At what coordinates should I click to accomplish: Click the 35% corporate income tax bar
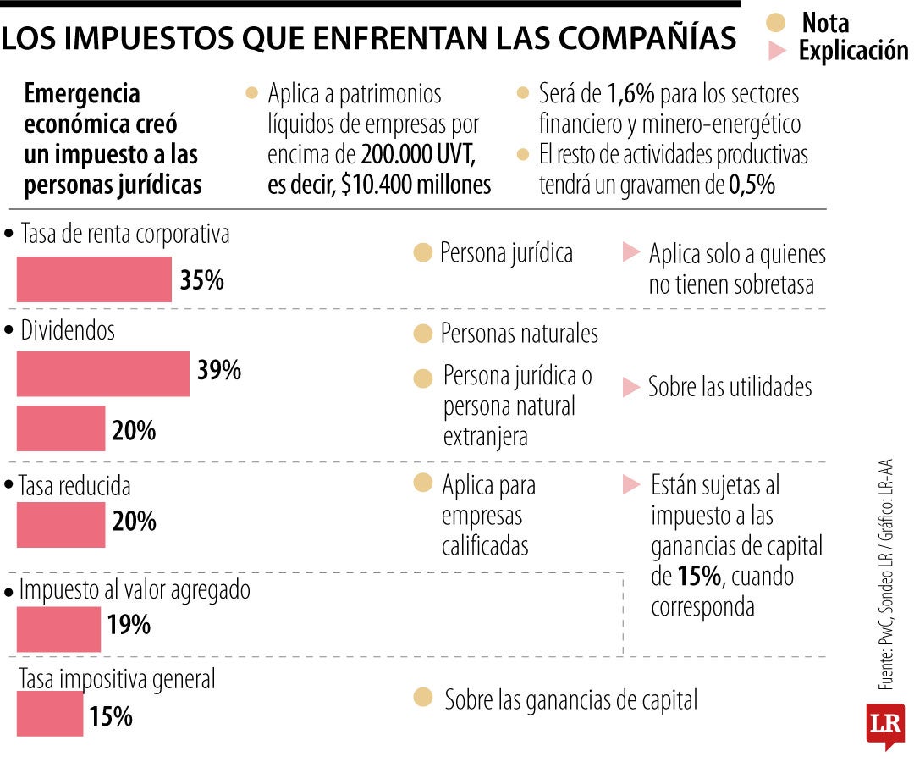pyautogui.click(x=94, y=279)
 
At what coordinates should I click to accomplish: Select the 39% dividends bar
pyautogui.click(x=102, y=373)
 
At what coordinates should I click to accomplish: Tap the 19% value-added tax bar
pyautogui.click(x=58, y=629)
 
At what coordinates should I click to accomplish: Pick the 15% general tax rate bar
pyautogui.click(x=50, y=713)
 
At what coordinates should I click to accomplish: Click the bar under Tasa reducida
pyautogui.click(x=61, y=524)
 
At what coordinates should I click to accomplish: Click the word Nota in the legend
pyautogui.click(x=824, y=22)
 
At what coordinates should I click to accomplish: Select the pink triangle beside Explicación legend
pyautogui.click(x=777, y=51)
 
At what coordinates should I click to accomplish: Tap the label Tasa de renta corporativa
pyautogui.click(x=124, y=235)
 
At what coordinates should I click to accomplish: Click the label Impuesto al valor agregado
pyautogui.click(x=135, y=590)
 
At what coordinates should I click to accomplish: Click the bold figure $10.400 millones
pyautogui.click(x=416, y=185)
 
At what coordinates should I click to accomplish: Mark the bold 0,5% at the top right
pyautogui.click(x=752, y=185)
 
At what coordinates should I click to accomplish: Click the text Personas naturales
pyautogui.click(x=519, y=334)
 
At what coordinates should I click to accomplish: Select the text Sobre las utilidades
pyautogui.click(x=730, y=387)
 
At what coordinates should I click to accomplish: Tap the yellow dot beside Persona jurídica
pyautogui.click(x=423, y=252)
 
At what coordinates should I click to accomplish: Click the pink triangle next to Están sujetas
pyautogui.click(x=631, y=485)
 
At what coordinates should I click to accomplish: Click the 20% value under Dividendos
pyautogui.click(x=134, y=431)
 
